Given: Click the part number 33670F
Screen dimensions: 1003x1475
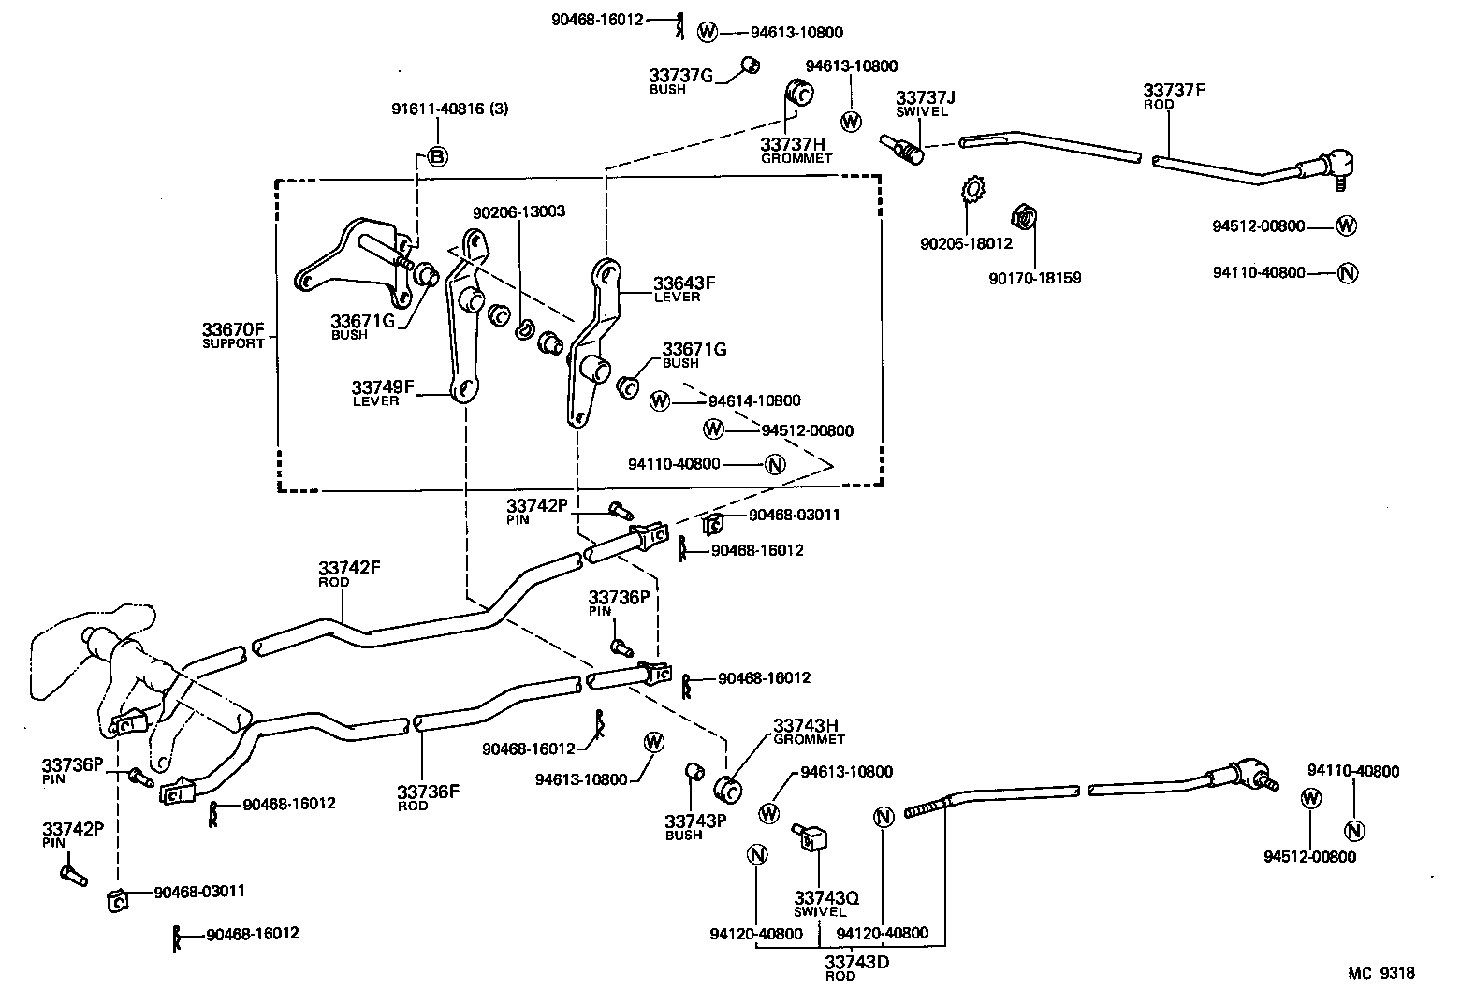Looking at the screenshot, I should [x=234, y=329].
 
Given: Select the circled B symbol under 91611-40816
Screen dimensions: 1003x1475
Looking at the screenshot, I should [x=437, y=157].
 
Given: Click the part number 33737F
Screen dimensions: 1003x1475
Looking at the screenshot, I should [x=1174, y=91].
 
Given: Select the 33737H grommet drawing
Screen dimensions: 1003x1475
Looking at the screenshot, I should [x=800, y=94].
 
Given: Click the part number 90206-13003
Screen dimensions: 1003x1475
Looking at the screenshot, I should [x=518, y=212].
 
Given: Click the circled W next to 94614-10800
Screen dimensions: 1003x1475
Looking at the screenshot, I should [x=660, y=401].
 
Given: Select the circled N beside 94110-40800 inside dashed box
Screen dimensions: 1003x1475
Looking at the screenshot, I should [x=775, y=464].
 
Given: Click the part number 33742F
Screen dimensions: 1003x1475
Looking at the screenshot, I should [x=349, y=568].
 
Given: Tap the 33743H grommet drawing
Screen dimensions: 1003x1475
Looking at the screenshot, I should [x=728, y=789].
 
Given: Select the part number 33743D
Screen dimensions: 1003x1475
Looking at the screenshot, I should [x=856, y=961].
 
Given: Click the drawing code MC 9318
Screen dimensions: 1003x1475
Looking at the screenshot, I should [x=1380, y=973].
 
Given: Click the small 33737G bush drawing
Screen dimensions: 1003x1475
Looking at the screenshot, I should [x=749, y=65].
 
